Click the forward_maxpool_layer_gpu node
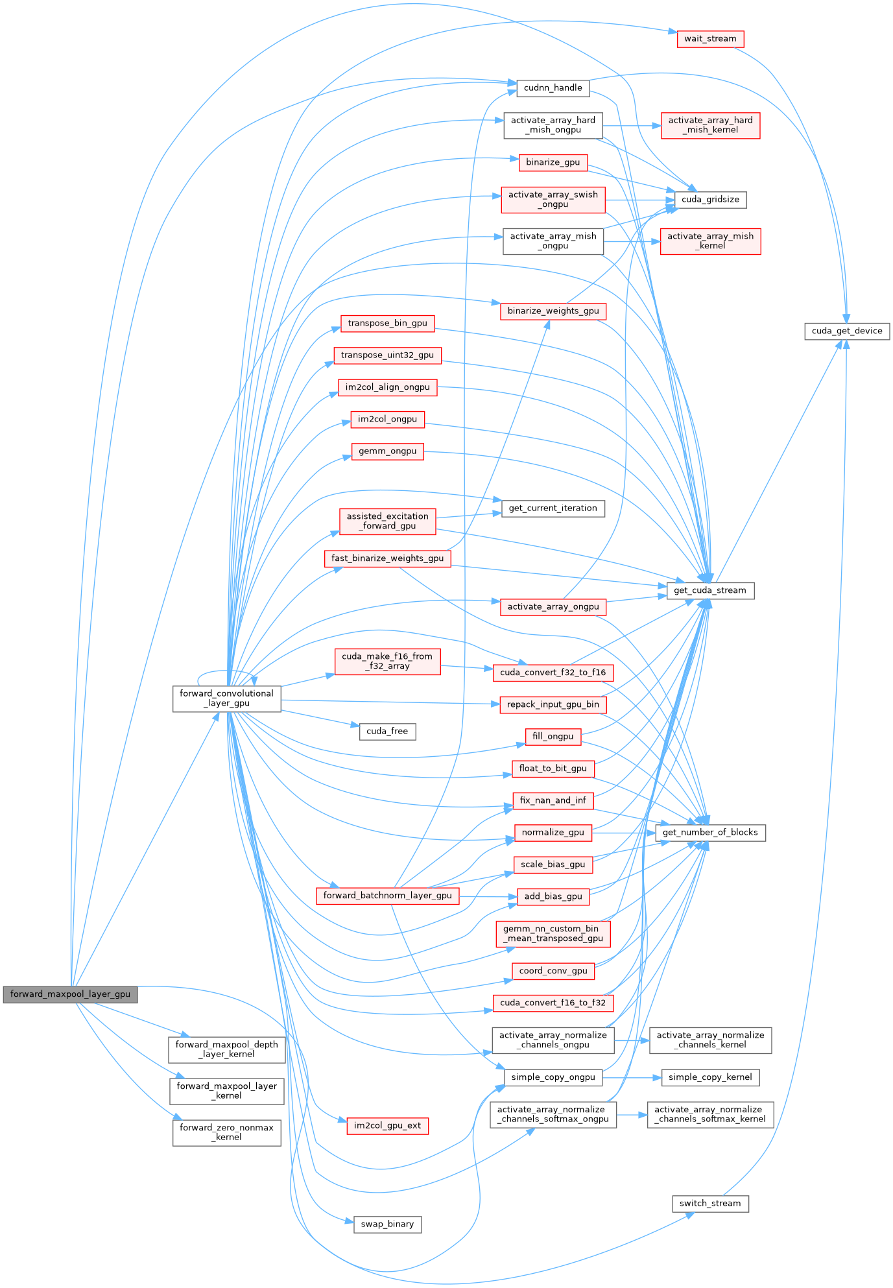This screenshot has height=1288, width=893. [x=70, y=994]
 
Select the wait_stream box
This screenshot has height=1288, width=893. [x=710, y=39]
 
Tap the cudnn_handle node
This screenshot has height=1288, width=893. [x=553, y=88]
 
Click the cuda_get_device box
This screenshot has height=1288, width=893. [x=846, y=331]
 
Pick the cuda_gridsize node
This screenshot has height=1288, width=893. [x=710, y=200]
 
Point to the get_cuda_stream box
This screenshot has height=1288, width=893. [x=710, y=590]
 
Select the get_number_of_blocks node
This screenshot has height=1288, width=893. [x=710, y=833]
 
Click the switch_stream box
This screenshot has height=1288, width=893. [x=710, y=1204]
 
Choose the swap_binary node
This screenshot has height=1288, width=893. [x=387, y=1224]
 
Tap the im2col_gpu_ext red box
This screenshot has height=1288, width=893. [x=387, y=1126]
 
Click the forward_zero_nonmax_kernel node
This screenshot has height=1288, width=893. [x=226, y=1132]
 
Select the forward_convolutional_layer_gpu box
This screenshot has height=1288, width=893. [x=226, y=698]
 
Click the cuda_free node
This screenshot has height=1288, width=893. [x=387, y=732]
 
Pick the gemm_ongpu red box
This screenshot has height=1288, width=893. [x=387, y=451]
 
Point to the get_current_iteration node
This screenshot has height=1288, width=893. [x=553, y=508]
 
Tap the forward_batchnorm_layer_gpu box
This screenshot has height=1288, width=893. [x=387, y=896]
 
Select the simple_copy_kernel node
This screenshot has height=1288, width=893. [x=710, y=1077]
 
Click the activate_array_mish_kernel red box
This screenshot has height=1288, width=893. [x=710, y=241]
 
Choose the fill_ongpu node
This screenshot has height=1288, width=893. [x=553, y=737]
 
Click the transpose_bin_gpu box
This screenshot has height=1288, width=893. [x=387, y=324]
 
